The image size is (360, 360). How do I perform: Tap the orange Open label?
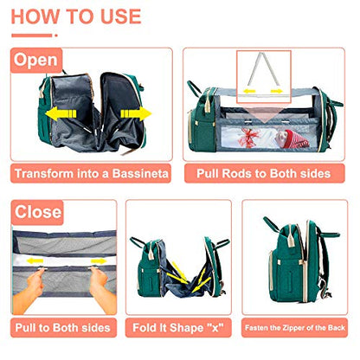(35, 61)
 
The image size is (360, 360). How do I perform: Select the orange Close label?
(37, 211)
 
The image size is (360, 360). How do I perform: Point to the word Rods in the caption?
(247, 173)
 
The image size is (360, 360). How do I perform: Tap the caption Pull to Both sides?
(62, 328)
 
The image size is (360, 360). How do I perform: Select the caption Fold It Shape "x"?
(178, 328)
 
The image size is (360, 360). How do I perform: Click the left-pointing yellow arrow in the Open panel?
(57, 113)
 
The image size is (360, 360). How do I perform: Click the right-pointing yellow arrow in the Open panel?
(130, 113)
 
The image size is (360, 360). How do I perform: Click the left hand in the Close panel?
(31, 289)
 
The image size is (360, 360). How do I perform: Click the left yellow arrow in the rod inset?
(249, 89)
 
